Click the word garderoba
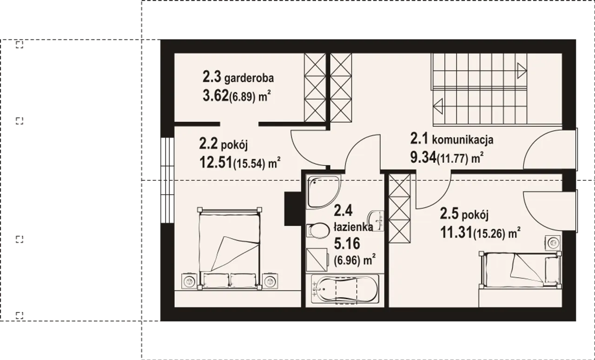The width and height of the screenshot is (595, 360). [249, 78]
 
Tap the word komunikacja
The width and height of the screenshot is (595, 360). [463, 140]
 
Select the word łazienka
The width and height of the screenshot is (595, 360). [353, 227]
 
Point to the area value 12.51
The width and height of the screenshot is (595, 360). [216, 163]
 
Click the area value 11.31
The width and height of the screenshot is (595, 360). [456, 233]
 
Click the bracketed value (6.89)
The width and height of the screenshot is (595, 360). [242, 97]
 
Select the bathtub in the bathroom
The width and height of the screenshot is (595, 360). [345, 289]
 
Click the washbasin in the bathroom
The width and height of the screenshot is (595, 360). [376, 221]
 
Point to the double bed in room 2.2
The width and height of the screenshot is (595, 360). [230, 249]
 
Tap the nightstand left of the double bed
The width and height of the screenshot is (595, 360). [189, 281]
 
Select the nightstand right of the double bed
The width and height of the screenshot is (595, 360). [270, 281]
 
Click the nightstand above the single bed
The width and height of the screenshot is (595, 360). [553, 242]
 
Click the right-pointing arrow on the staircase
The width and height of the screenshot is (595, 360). [522, 71]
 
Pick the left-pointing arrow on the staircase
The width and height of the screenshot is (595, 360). [438, 106]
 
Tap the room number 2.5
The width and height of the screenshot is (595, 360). [449, 214]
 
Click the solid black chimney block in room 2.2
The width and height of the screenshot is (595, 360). [293, 209]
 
